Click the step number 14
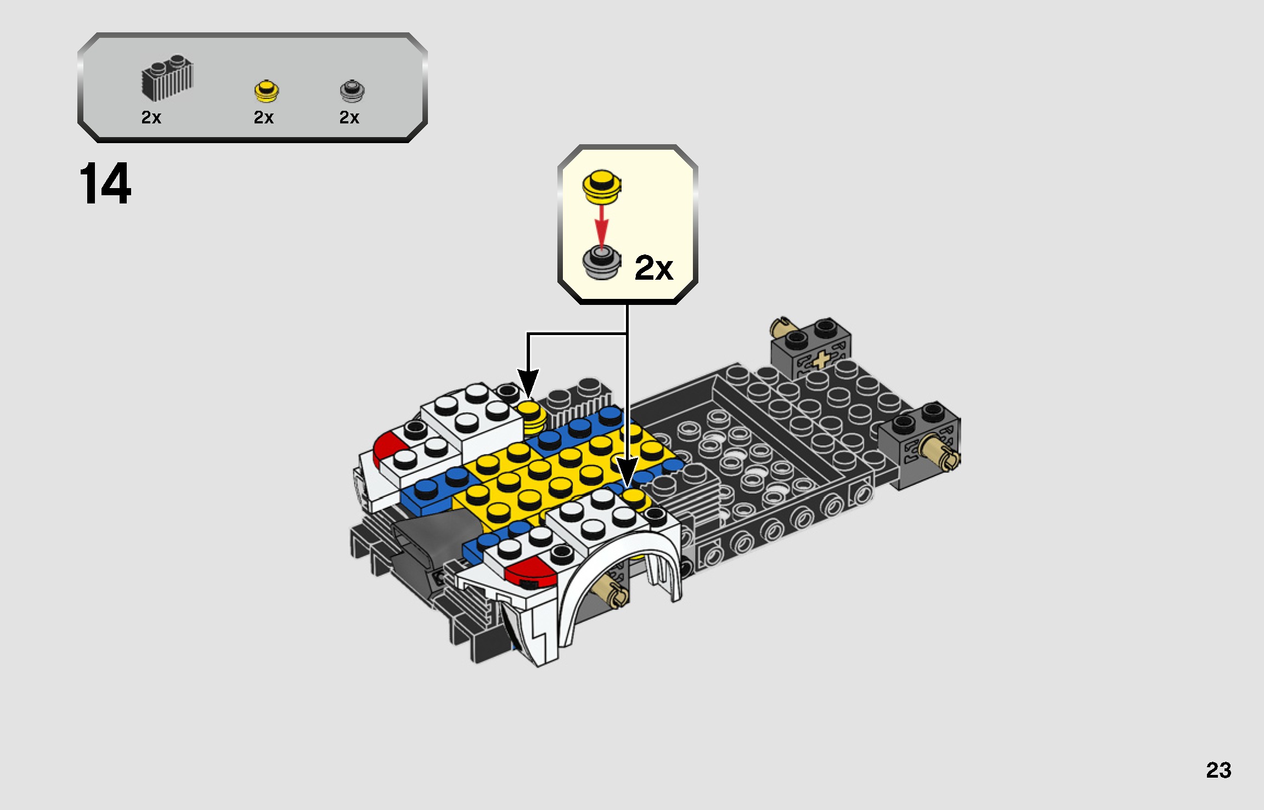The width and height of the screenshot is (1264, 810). pos(105,184)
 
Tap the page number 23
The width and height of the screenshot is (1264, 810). pos(1218,771)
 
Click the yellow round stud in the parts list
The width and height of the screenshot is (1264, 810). pos(267,91)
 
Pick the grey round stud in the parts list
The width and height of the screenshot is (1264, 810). pos(352,91)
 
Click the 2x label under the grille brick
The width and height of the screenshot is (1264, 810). pos(151,117)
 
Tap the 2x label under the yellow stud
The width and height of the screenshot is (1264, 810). pos(263,117)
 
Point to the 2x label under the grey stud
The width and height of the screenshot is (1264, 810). pos(349,117)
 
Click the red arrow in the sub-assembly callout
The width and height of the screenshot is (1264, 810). pos(602,225)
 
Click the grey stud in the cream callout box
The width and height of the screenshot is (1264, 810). pos(602,263)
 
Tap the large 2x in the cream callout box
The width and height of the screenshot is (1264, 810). pos(653,268)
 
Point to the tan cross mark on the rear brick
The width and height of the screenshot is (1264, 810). pos(820,360)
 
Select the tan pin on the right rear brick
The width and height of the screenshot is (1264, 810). pos(941,452)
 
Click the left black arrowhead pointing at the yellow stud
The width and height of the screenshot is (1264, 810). pos(528,381)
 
